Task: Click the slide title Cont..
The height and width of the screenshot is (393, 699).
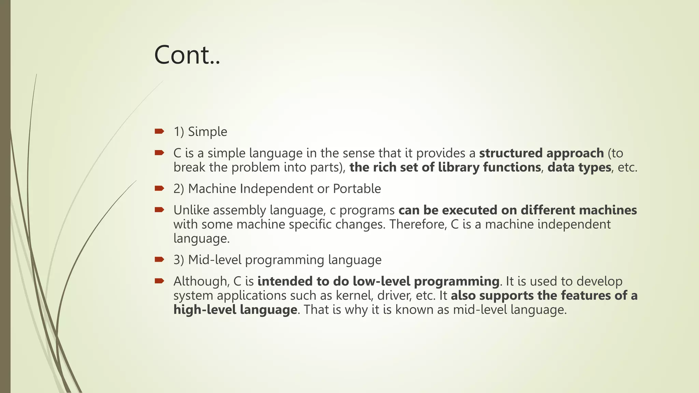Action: click(187, 55)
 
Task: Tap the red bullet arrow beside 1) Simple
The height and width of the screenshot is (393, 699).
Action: click(159, 131)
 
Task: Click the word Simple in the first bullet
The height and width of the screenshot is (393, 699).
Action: click(208, 132)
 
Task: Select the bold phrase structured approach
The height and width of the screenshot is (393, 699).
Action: click(541, 153)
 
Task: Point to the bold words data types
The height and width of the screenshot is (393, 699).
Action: click(579, 168)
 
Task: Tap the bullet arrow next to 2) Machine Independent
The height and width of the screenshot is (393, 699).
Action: click(159, 188)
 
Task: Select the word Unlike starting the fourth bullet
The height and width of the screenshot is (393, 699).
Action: click(191, 210)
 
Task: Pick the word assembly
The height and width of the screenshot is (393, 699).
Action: click(239, 210)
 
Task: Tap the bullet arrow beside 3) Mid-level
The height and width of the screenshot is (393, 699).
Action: click(159, 260)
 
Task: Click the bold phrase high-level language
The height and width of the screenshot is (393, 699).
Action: click(235, 310)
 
